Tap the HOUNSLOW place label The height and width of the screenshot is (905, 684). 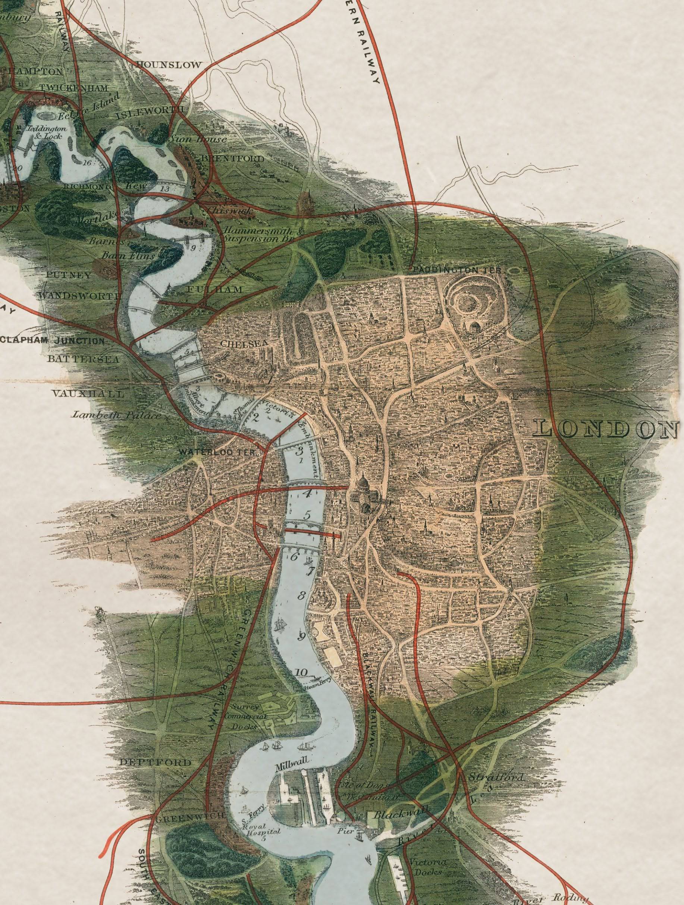click(x=169, y=65)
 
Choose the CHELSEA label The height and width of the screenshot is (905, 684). click(x=238, y=344)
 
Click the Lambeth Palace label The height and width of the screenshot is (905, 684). click(x=116, y=415)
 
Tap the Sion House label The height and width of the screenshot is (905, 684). click(x=198, y=139)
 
